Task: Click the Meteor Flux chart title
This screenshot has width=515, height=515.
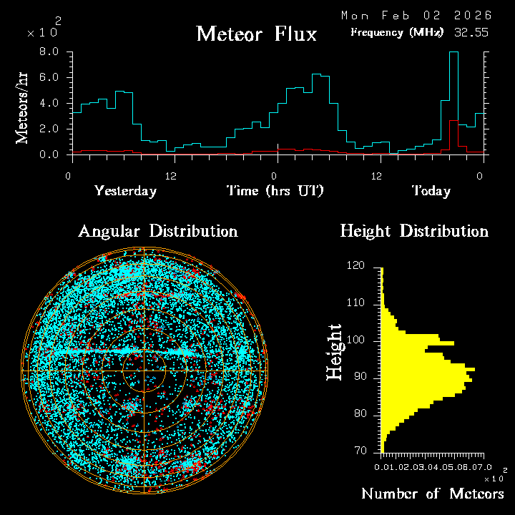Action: pos(256,34)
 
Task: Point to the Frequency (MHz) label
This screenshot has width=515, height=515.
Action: pos(396,33)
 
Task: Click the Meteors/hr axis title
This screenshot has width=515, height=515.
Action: pos(22,107)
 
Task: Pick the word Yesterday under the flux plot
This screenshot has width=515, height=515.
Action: pos(125,191)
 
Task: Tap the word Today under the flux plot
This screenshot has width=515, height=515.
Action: pos(431,191)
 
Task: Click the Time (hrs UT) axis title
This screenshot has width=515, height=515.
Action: pos(275,191)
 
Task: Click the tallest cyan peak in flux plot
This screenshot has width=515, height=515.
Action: pos(453,53)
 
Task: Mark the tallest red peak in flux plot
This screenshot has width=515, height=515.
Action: pos(453,121)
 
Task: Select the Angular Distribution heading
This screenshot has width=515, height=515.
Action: pos(157,231)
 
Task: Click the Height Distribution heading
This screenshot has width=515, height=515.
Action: pos(413,231)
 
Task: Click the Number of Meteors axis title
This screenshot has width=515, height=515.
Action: pos(432,494)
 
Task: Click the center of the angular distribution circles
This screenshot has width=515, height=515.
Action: pos(144,371)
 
